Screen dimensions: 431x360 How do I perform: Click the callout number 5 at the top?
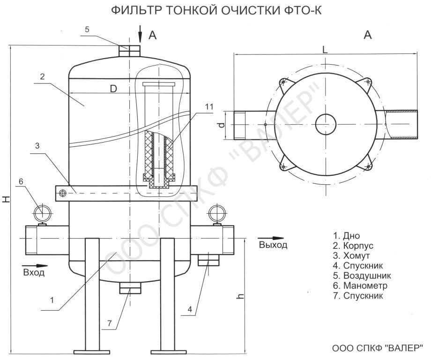tap(87, 30)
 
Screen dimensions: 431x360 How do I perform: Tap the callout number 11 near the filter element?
tap(209, 107)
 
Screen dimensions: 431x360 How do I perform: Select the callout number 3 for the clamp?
tap(37, 146)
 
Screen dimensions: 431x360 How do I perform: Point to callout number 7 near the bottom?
tap(110, 323)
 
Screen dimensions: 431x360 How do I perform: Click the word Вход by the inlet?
tap(34, 272)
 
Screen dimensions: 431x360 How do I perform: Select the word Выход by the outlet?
tap(273, 245)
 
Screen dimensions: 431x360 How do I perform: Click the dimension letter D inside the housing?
tap(113, 89)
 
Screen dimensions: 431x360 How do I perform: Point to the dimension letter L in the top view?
tap(325, 50)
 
